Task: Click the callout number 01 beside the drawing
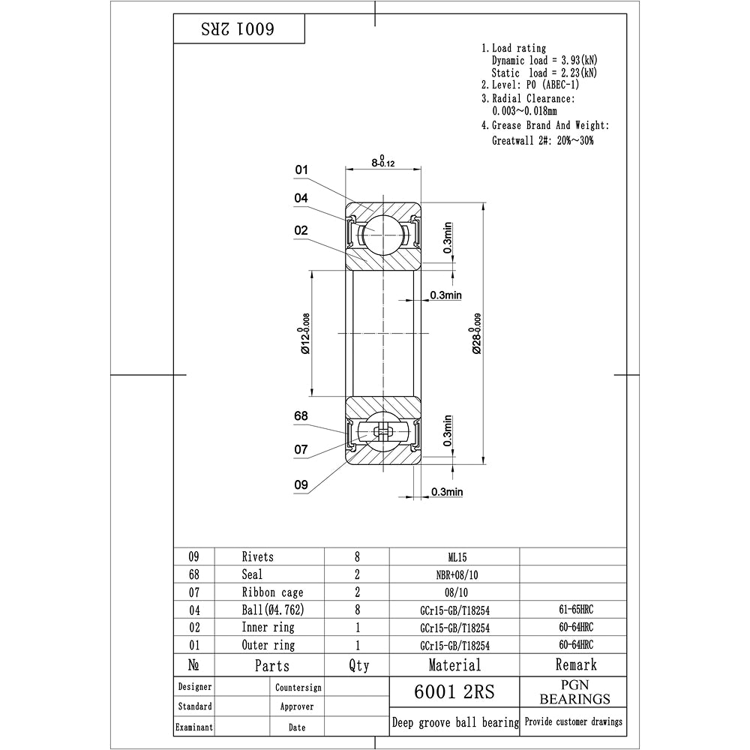click(x=301, y=169)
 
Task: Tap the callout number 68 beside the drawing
click(x=301, y=416)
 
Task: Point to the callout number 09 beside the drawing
click(x=301, y=485)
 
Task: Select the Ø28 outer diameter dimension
click(x=476, y=334)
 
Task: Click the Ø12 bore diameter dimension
click(x=304, y=334)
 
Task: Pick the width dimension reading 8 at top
click(x=383, y=161)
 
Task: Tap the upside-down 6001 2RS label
click(x=238, y=29)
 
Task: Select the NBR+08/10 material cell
click(x=457, y=575)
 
